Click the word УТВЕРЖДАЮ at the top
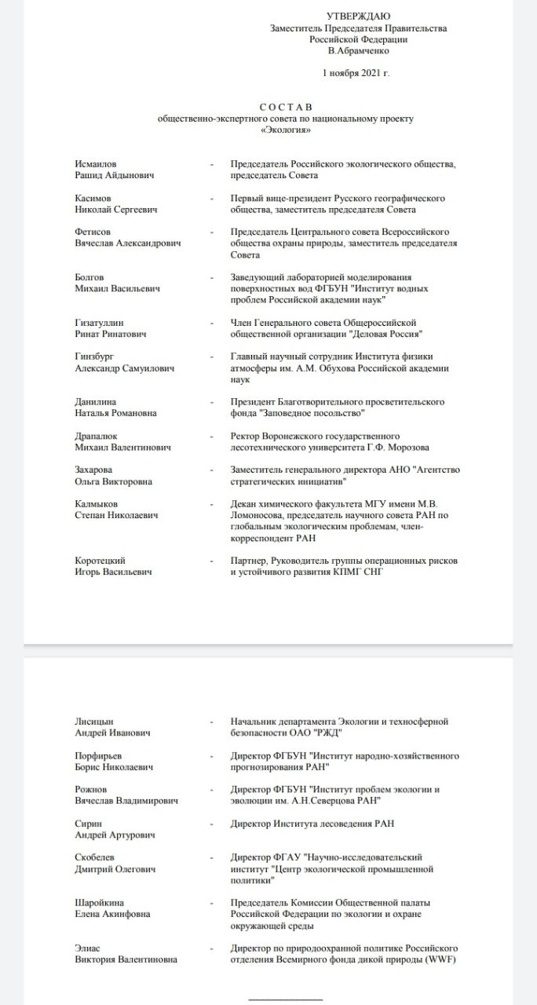pyautogui.click(x=358, y=16)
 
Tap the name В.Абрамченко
pyautogui.click(x=358, y=51)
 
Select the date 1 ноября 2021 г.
pyautogui.click(x=356, y=73)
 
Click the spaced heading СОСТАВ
pyautogui.click(x=286, y=107)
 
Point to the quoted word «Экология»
pyautogui.click(x=286, y=130)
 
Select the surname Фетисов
pyautogui.click(x=93, y=232)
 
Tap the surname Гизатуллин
pyautogui.click(x=99, y=323)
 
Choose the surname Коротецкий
pyautogui.click(x=100, y=561)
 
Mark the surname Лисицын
pyautogui.click(x=93, y=722)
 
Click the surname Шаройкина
pyautogui.click(x=100, y=903)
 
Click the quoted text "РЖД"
pyautogui.click(x=327, y=733)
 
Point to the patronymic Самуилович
pyautogui.click(x=146, y=368)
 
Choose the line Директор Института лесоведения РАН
pyautogui.click(x=312, y=824)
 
